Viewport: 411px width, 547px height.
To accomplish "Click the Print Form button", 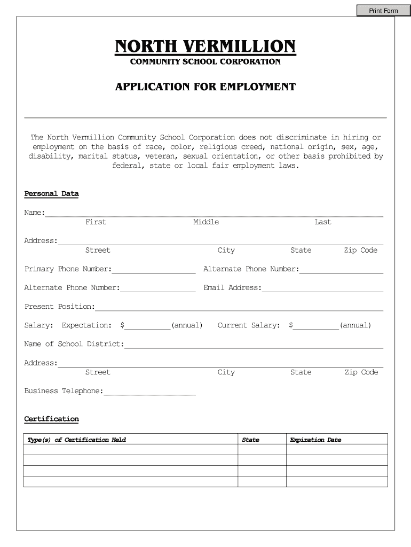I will [383, 10].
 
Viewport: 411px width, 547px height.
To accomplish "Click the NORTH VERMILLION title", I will [205, 46].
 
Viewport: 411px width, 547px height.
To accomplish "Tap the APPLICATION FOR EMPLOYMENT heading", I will [205, 87].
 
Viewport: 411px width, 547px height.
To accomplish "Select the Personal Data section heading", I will [51, 193].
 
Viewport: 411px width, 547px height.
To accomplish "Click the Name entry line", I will [214, 213].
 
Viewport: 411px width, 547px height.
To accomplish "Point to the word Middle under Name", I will [205, 222].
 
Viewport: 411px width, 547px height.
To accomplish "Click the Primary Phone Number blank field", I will [153, 269].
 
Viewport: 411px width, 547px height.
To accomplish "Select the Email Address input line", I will [322, 288].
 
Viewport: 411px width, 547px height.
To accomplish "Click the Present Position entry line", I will [239, 307].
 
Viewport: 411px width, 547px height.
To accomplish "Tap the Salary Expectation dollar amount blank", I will [147, 326].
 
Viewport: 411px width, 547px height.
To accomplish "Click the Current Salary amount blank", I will [316, 326].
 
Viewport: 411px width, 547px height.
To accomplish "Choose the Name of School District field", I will [254, 345].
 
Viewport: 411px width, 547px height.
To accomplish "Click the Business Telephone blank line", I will [149, 392].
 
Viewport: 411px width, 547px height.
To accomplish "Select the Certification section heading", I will [51, 419].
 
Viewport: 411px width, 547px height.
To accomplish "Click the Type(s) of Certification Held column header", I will [77, 440].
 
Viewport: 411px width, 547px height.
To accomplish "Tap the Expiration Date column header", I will [315, 440].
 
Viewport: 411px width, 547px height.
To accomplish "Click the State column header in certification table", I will [250, 440].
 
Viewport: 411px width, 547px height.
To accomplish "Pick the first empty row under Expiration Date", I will [337, 450].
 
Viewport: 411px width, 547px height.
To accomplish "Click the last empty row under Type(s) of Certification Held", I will [131, 481].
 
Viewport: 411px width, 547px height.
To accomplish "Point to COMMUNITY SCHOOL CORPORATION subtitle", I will [205, 62].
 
